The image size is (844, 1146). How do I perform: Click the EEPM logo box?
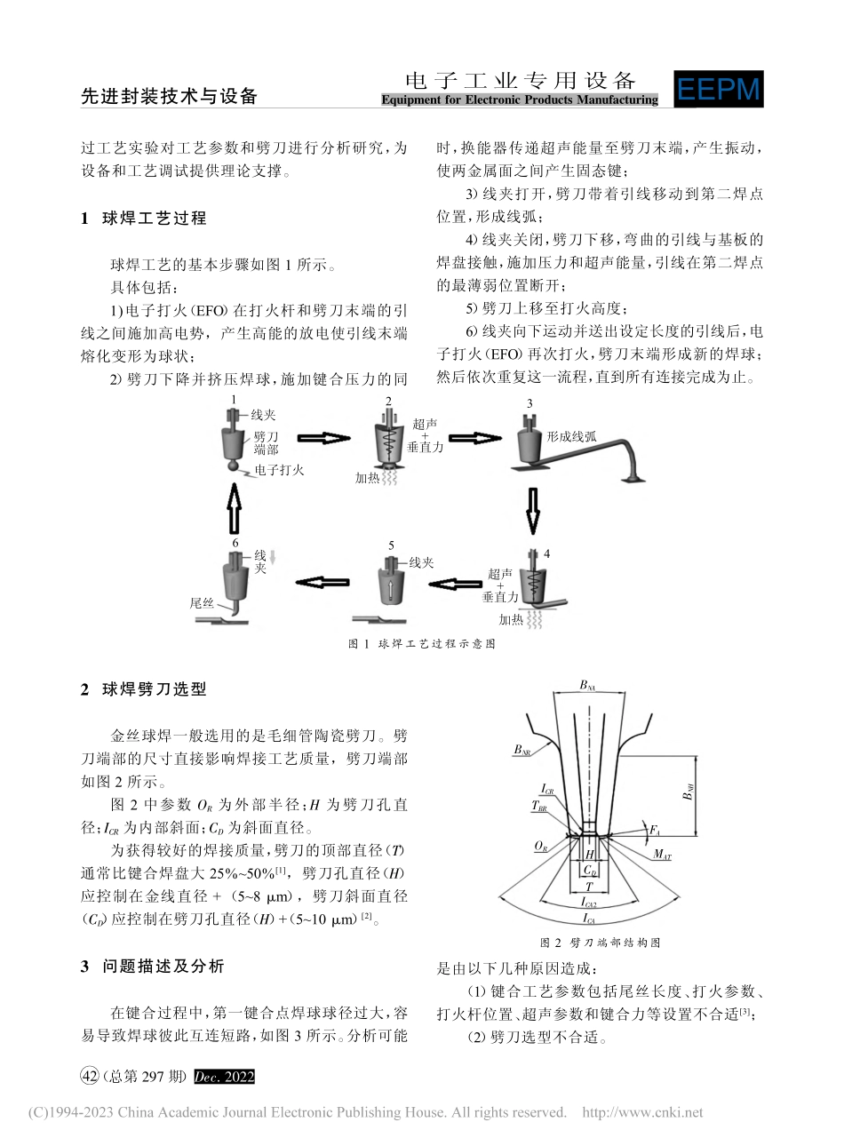coord(718,89)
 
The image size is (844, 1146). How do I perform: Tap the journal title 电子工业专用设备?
coord(520,80)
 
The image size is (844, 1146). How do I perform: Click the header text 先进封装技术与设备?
coord(169,97)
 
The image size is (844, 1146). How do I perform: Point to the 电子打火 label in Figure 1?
coord(279,470)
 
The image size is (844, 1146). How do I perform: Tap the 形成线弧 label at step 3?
coord(572,437)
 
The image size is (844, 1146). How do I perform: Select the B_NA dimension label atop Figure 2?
coord(587,684)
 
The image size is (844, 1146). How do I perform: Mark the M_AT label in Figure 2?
coord(663,854)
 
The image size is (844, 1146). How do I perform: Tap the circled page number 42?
coord(90,1076)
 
